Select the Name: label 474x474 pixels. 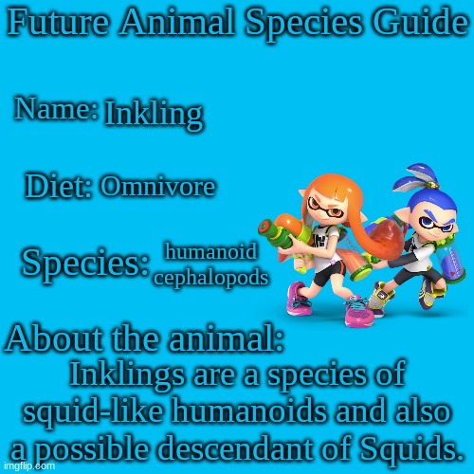click(x=56, y=110)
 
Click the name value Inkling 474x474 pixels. click(x=153, y=114)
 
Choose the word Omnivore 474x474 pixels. click(x=157, y=188)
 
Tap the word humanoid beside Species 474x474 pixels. click(x=210, y=251)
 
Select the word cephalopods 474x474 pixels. click(x=210, y=277)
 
